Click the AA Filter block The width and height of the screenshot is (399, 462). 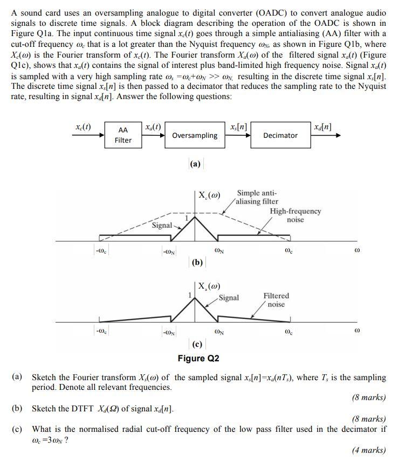(x=123, y=135)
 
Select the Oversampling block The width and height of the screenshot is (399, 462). (x=195, y=136)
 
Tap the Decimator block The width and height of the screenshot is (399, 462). (x=280, y=136)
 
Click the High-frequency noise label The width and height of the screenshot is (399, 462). (x=295, y=215)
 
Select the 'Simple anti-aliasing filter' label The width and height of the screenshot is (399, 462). (x=257, y=197)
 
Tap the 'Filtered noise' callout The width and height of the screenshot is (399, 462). (x=276, y=300)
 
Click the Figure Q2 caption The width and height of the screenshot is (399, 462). (x=198, y=358)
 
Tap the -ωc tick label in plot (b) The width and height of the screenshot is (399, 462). (x=100, y=250)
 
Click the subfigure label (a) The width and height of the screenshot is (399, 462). (x=195, y=164)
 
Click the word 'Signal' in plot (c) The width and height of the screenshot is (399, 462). (x=229, y=298)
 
